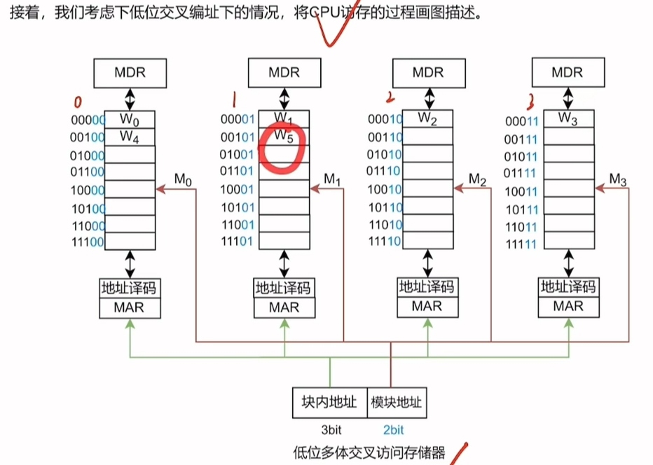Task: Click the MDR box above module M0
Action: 130,72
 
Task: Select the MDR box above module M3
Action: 567,72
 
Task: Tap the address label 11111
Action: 523,244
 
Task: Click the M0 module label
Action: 183,180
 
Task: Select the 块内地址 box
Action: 329,403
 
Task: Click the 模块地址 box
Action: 396,403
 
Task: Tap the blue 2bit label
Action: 393,429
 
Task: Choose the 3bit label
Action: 329,429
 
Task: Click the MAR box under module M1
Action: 284,307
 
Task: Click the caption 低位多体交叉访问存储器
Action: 369,453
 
